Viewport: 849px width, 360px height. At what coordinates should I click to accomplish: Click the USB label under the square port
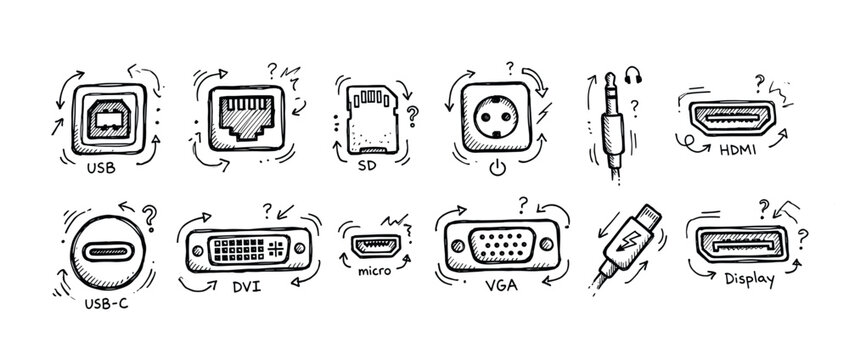pyautogui.click(x=101, y=169)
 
